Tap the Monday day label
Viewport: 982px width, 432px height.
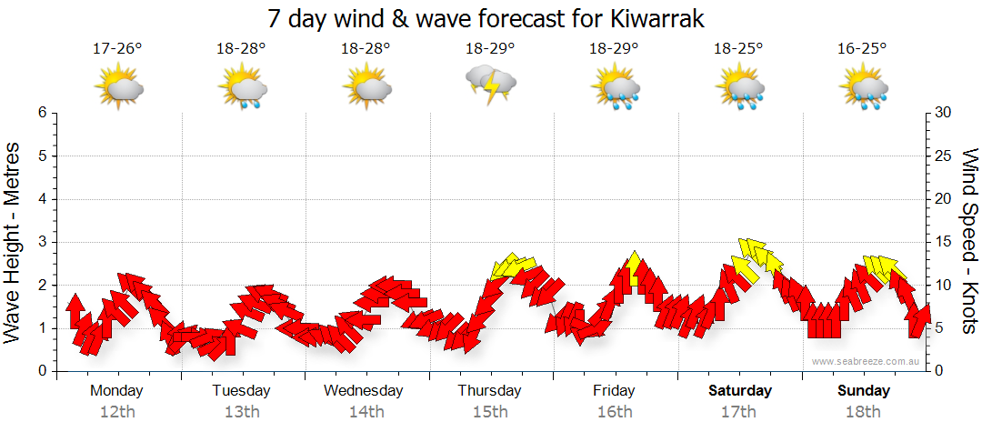pyautogui.click(x=116, y=391)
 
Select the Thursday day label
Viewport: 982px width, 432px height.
pyautogui.click(x=489, y=391)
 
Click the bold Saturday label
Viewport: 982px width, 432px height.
pyautogui.click(x=740, y=391)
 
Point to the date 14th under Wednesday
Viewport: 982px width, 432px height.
pyautogui.click(x=366, y=411)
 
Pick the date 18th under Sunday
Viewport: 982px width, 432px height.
pyautogui.click(x=864, y=411)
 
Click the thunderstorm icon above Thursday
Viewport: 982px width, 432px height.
pyautogui.click(x=490, y=85)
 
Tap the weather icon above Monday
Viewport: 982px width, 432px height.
pyautogui.click(x=118, y=85)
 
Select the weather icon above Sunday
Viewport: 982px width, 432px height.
pyautogui.click(x=864, y=87)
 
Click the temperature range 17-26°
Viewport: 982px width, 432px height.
pyautogui.click(x=117, y=48)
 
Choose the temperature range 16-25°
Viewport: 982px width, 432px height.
pyautogui.click(x=863, y=48)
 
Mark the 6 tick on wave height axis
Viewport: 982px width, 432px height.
pyautogui.click(x=42, y=113)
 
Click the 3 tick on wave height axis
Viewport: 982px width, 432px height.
pyautogui.click(x=42, y=242)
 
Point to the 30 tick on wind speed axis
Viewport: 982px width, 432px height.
pyautogui.click(x=943, y=113)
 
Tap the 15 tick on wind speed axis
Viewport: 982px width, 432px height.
pyautogui.click(x=943, y=242)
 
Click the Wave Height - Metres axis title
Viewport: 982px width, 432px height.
pyautogui.click(x=15, y=242)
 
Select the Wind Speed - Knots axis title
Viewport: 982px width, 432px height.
pyautogui.click(x=969, y=242)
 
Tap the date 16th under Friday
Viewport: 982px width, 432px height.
pyautogui.click(x=615, y=411)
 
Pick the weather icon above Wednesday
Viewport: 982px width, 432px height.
pyautogui.click(x=366, y=85)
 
